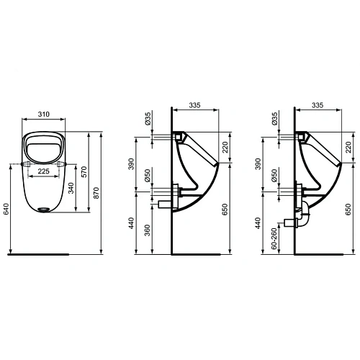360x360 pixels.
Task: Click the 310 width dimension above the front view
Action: [x=45, y=114]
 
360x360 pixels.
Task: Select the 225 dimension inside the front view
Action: [x=44, y=171]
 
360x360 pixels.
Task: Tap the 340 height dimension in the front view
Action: [x=69, y=189]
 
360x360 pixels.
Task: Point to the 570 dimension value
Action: [x=84, y=171]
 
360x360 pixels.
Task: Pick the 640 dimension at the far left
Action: [x=6, y=209]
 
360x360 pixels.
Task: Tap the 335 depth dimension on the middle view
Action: [x=194, y=104]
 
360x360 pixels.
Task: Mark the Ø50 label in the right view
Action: [x=274, y=177]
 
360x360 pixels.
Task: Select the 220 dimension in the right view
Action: [x=351, y=148]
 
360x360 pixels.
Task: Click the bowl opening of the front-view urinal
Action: [x=45, y=147]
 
